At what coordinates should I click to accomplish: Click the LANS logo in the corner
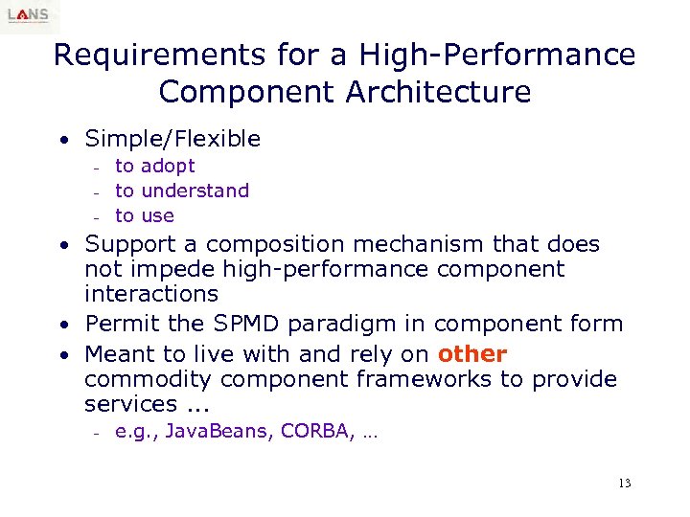pyautogui.click(x=30, y=15)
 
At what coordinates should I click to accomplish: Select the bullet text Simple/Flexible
pyautogui.click(x=172, y=139)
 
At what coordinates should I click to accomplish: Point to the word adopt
pyautogui.click(x=168, y=167)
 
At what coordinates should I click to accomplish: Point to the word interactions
pyautogui.click(x=151, y=294)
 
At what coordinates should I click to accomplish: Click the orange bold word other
pyautogui.click(x=471, y=354)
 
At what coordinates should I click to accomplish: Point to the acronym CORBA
pyautogui.click(x=319, y=432)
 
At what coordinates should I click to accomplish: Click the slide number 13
pyautogui.click(x=625, y=483)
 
